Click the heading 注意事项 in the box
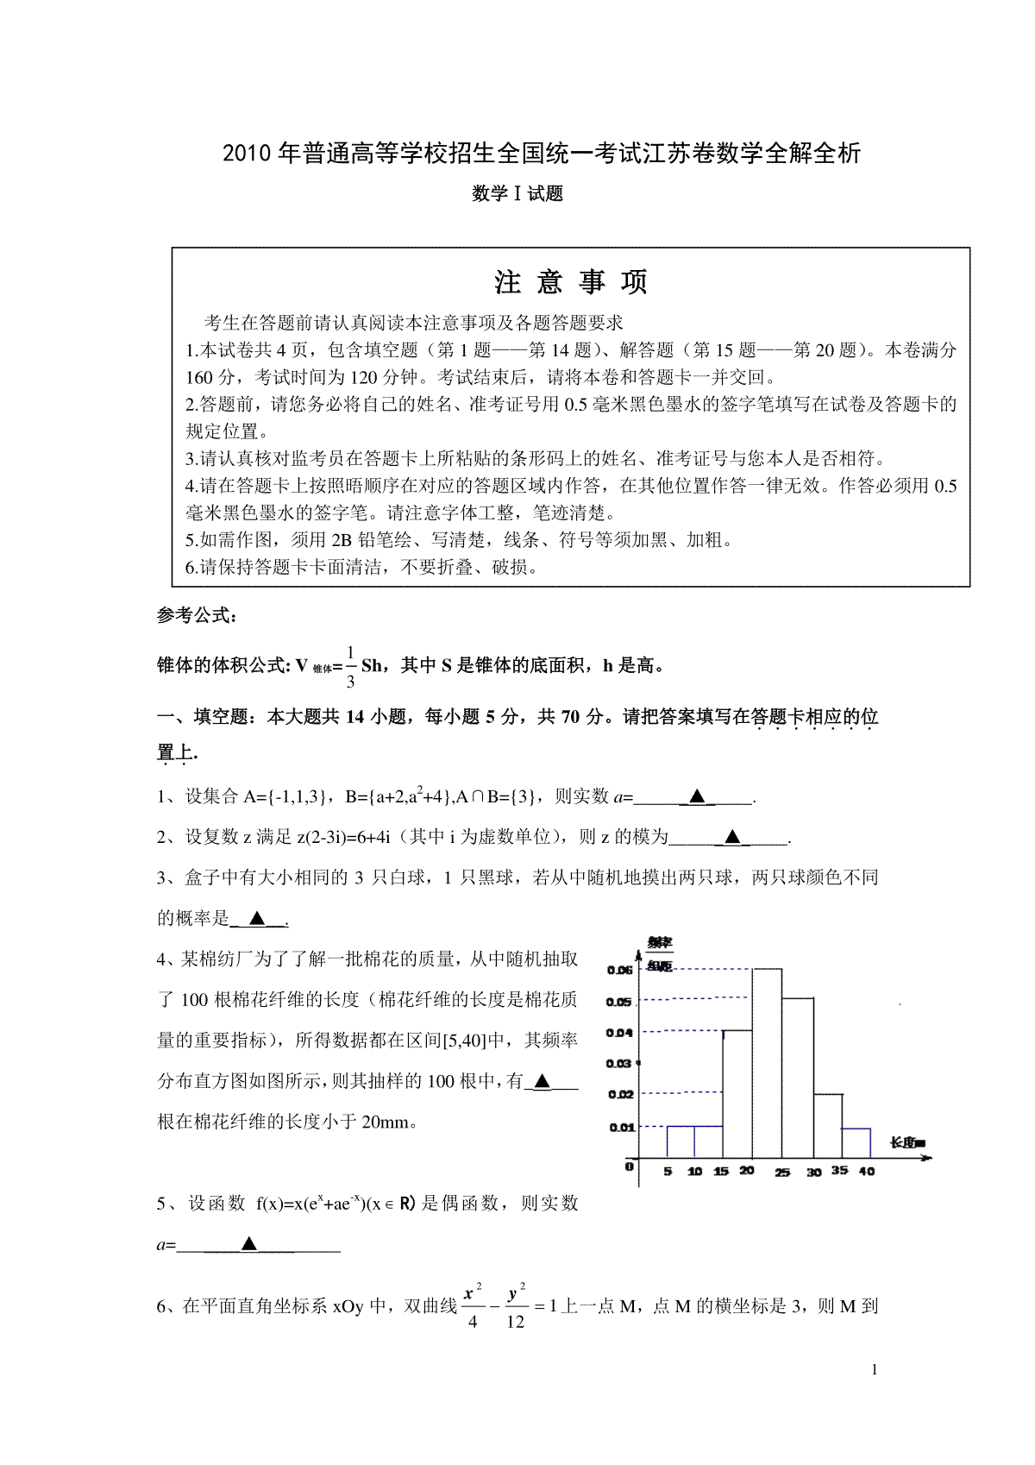click(x=570, y=282)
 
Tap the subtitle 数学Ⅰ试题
click(x=517, y=194)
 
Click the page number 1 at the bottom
click(x=875, y=1369)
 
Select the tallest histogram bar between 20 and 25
click(x=767, y=1063)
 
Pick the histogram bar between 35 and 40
click(x=856, y=1142)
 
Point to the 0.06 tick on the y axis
click(x=620, y=970)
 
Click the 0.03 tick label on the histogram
click(x=619, y=1063)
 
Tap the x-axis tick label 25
click(x=782, y=1173)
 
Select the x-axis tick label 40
click(x=867, y=1172)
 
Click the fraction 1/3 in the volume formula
click(x=350, y=666)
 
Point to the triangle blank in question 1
click(x=697, y=796)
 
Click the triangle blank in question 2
click(x=732, y=836)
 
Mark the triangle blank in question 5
click(x=249, y=1243)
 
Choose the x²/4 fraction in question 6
click(x=473, y=1307)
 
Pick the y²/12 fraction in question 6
click(x=516, y=1307)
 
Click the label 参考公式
click(x=195, y=616)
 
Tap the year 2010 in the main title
click(x=247, y=154)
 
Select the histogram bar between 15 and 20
click(x=737, y=1093)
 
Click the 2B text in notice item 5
click(x=341, y=541)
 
